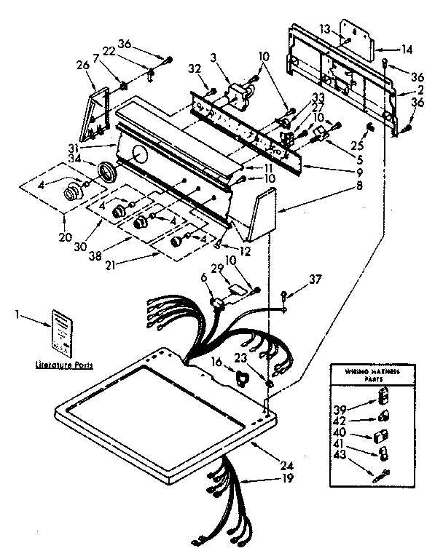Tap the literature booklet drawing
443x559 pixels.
[63, 330]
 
